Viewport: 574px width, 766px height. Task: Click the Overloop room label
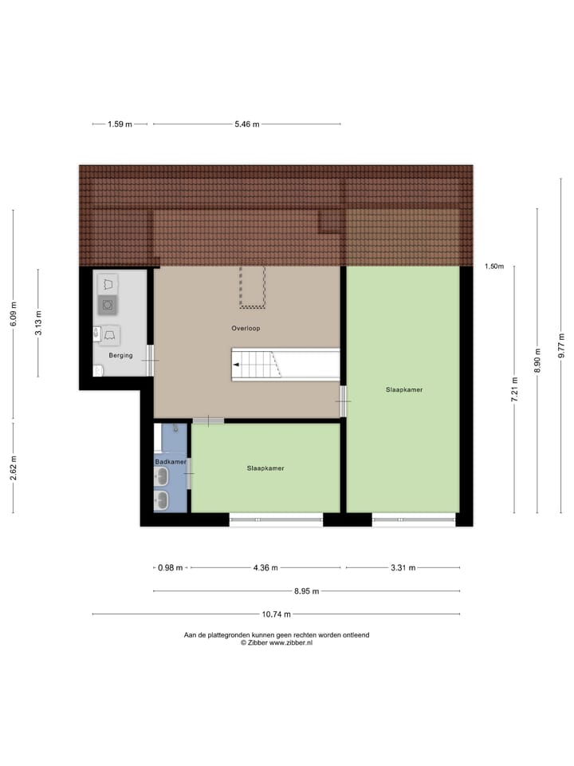tap(246, 328)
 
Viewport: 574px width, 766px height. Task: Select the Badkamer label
tap(171, 461)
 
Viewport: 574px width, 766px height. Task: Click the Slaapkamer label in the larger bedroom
tap(403, 390)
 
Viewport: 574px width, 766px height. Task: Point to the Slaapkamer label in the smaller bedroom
tap(265, 468)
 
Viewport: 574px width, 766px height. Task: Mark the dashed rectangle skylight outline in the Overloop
tap(253, 287)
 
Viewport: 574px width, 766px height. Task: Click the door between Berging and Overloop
tap(150, 361)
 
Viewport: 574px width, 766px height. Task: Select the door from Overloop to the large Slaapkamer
tap(344, 401)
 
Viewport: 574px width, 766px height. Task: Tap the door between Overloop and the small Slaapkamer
tap(208, 420)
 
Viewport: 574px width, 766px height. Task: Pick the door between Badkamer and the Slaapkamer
tap(189, 474)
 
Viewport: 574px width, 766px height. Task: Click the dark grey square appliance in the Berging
tap(107, 305)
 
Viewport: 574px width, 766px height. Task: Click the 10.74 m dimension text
tap(277, 614)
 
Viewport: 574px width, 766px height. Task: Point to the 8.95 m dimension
tap(305, 591)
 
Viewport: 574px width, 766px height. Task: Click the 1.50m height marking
tap(494, 267)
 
